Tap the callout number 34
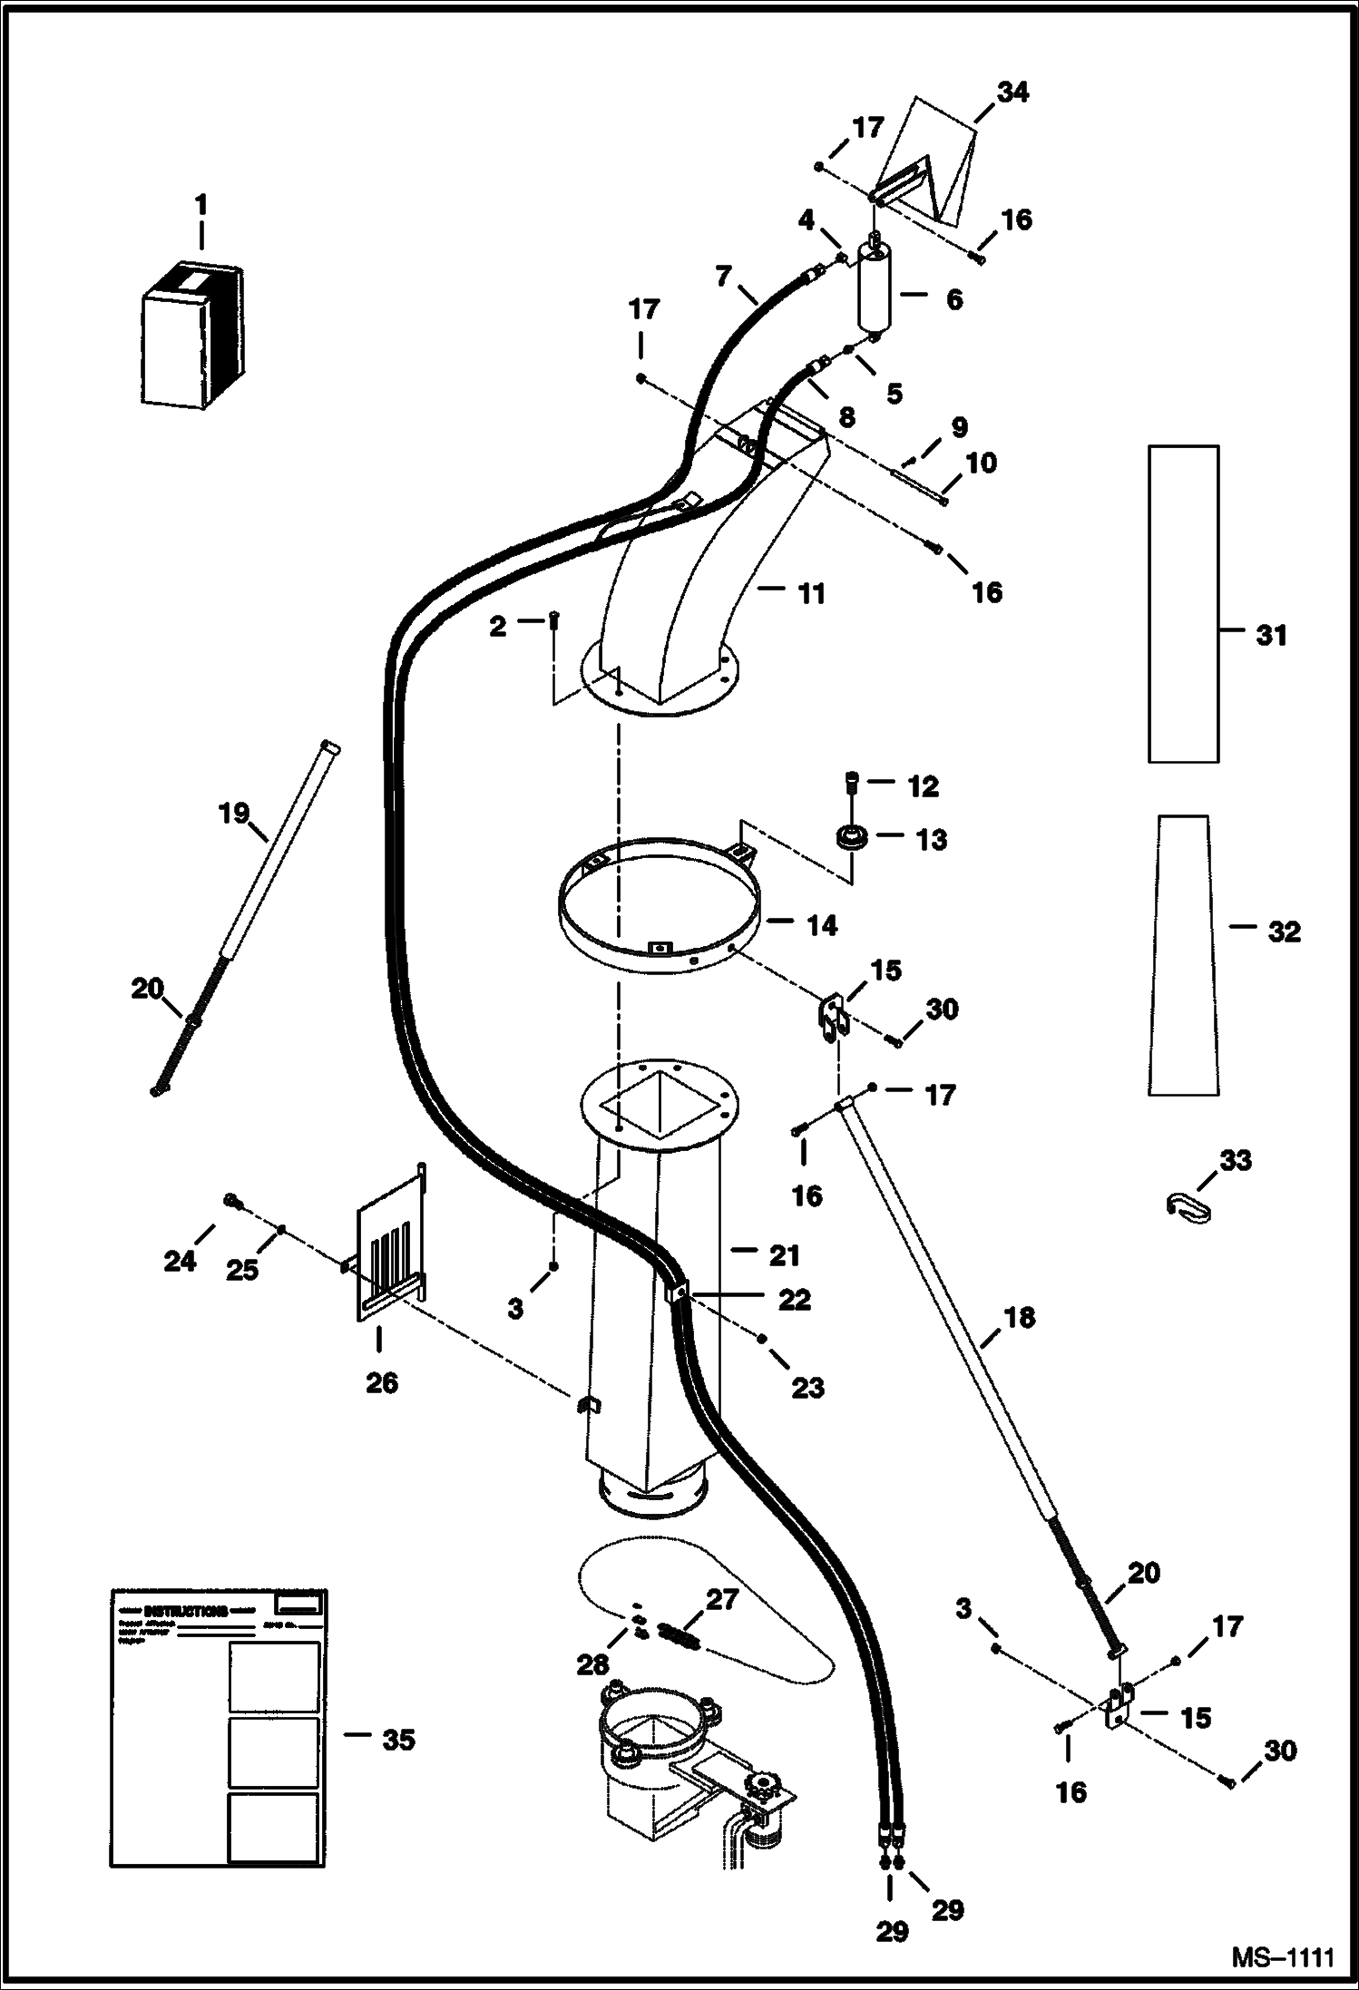coord(1012,93)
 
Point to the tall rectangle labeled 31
coord(1183,603)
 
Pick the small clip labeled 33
coord(1188,1206)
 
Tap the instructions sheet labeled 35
coord(218,1740)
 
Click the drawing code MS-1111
coord(1283,1956)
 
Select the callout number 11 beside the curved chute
coord(810,594)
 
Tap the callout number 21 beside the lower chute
coord(784,1255)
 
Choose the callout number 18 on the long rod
coord(1019,1317)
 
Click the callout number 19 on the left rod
coord(234,813)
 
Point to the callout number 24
coord(180,1261)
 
